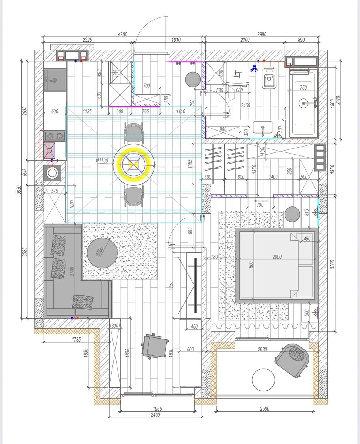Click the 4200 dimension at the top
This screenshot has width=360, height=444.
[x=122, y=34]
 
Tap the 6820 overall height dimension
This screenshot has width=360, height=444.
[x=19, y=190]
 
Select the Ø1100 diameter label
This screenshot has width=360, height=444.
[x=102, y=160]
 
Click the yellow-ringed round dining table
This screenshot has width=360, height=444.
[x=134, y=165]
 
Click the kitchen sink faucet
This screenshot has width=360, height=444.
[x=51, y=80]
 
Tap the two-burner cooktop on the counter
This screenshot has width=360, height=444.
[x=55, y=136]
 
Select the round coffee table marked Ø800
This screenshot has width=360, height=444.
[x=102, y=253]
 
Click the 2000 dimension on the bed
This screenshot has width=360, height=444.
[x=277, y=257]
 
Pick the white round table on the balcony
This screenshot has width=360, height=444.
[x=263, y=380]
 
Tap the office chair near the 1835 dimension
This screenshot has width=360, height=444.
[x=155, y=346]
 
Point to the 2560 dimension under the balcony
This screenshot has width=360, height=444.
[x=265, y=409]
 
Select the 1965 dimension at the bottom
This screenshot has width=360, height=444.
[x=157, y=409]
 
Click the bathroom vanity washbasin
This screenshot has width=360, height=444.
[x=263, y=128]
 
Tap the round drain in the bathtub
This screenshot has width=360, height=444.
[x=303, y=103]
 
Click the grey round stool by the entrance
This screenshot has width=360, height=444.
[x=193, y=80]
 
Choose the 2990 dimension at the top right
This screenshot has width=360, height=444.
[x=262, y=34]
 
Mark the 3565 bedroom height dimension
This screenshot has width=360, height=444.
[x=333, y=264]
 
